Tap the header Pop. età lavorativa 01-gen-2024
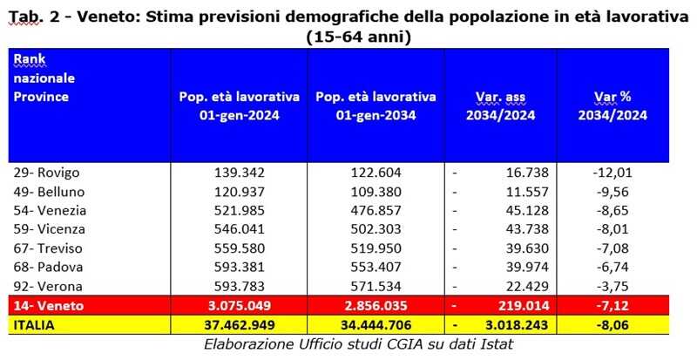(x=238, y=105)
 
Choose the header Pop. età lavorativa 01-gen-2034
(x=376, y=105)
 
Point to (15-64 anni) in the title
(x=358, y=37)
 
